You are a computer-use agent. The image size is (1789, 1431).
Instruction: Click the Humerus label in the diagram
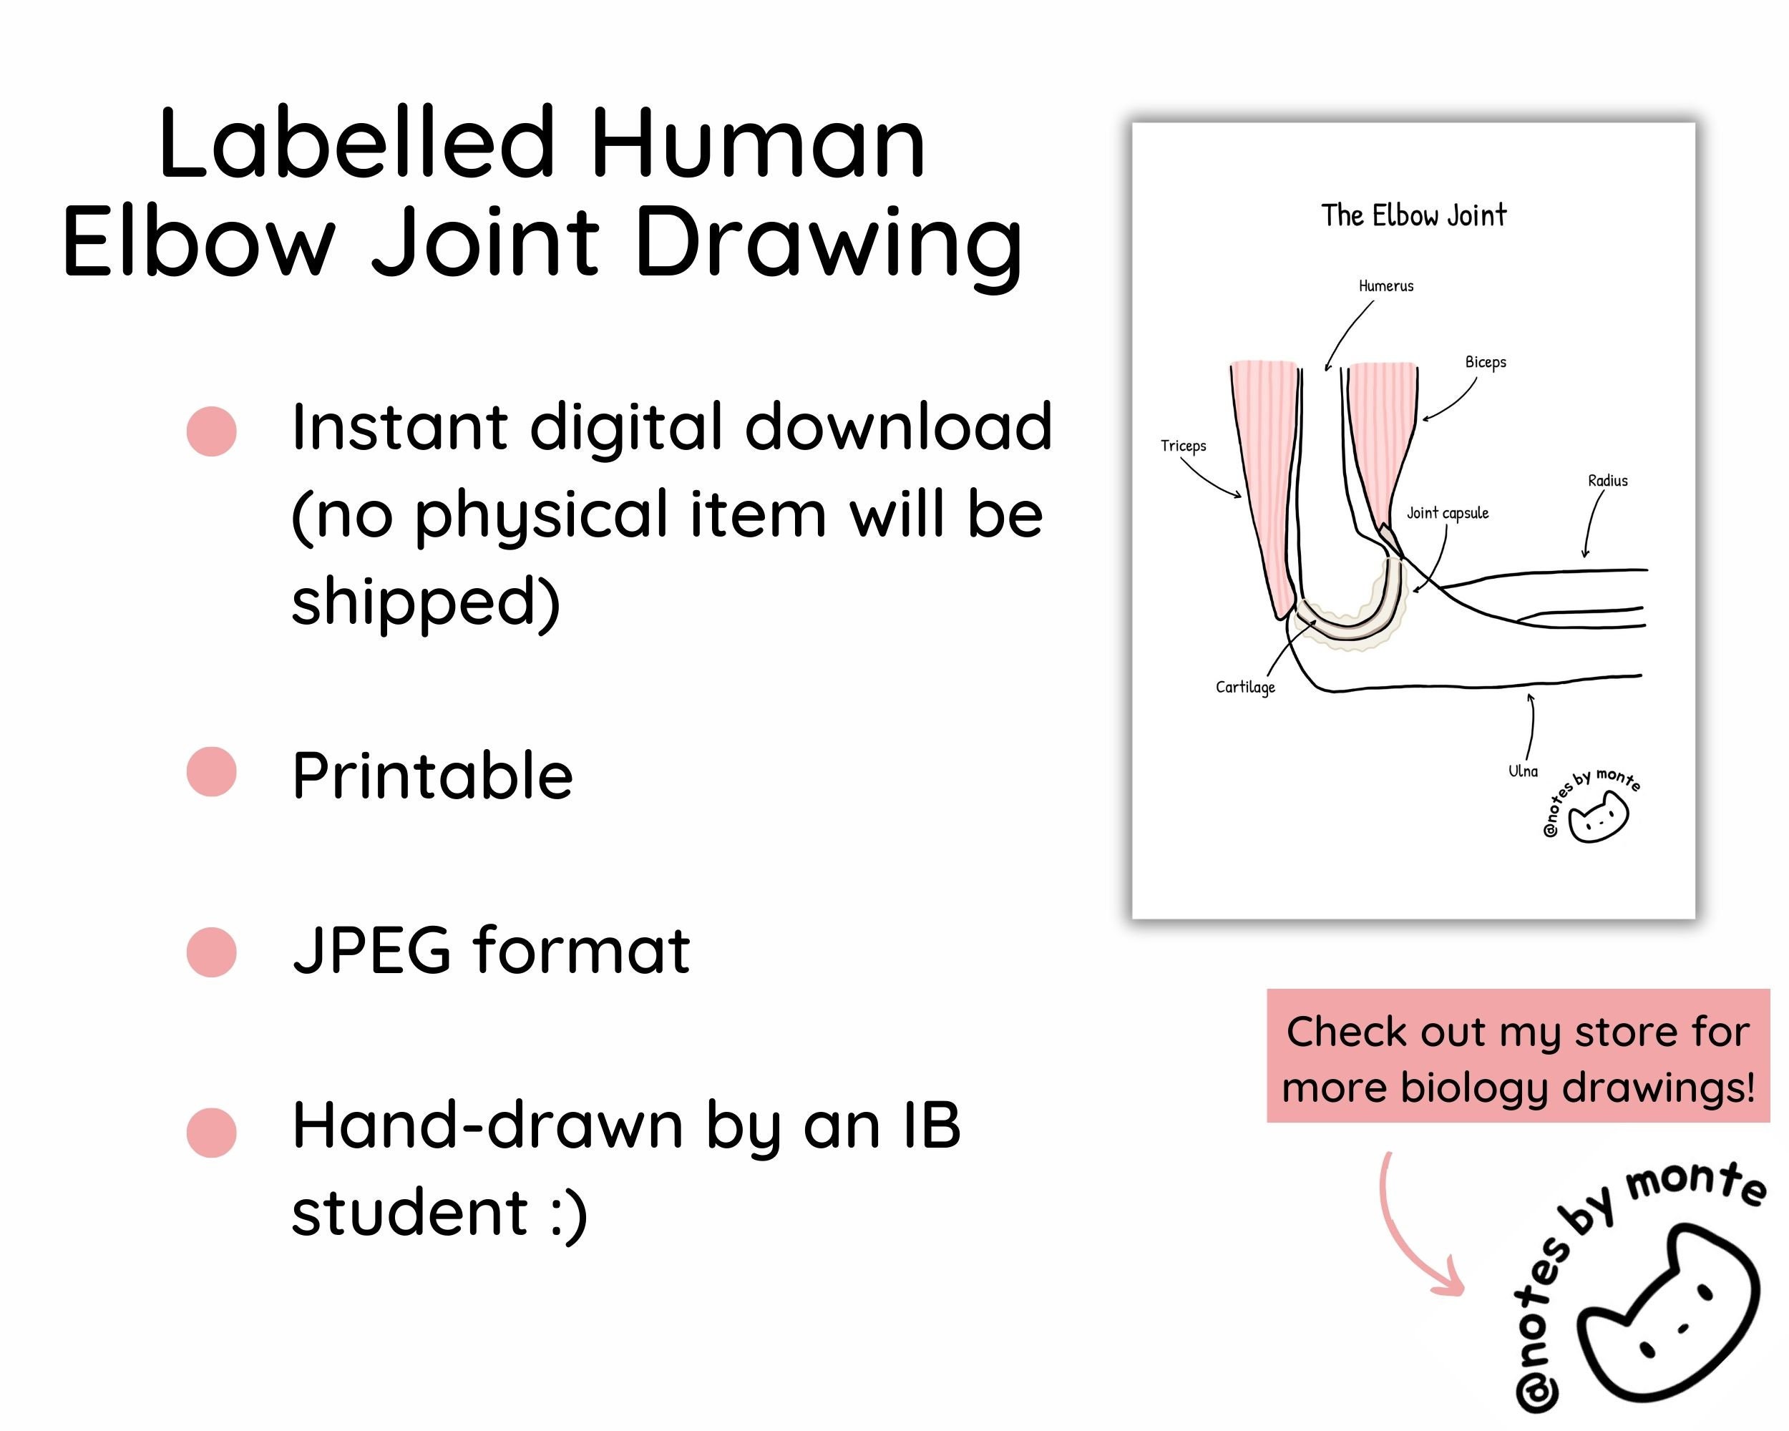1385,286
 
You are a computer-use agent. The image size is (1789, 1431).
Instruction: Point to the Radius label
1607,481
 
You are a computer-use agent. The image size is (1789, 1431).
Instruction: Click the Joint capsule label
1447,514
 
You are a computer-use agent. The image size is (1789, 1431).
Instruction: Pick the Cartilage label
1244,687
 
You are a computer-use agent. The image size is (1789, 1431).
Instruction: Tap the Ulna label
1523,771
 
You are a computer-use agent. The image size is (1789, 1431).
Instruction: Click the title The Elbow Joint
1413,215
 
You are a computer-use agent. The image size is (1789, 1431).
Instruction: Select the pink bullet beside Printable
212,771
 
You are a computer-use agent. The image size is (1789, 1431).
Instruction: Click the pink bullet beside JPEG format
212,952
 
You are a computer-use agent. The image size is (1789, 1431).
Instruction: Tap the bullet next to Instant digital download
212,431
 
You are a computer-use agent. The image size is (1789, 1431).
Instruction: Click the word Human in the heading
757,145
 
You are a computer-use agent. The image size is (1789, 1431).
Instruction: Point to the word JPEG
371,950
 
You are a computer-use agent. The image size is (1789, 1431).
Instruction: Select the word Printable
432,776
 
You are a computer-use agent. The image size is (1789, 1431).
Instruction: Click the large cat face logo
1668,1319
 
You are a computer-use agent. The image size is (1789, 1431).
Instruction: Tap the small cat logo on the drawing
1598,818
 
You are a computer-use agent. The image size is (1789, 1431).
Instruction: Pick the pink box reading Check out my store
1518,1056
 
